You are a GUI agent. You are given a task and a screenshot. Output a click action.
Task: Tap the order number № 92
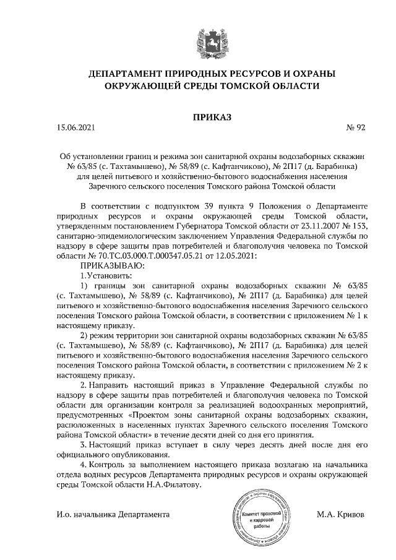357,128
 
